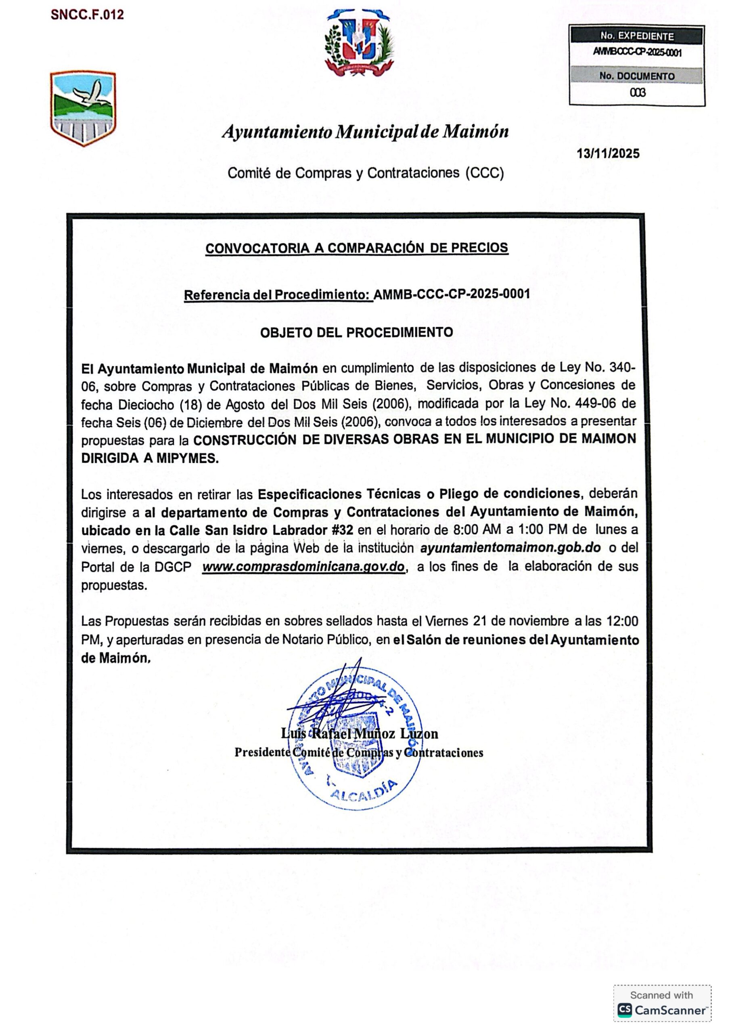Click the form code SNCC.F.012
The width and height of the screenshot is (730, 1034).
coord(87,15)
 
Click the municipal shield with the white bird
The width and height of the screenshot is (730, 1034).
coord(83,108)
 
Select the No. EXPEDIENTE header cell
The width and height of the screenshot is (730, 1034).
coord(636,36)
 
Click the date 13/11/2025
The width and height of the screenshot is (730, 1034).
coord(608,153)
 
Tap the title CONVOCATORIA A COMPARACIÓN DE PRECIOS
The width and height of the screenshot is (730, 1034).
coord(356,248)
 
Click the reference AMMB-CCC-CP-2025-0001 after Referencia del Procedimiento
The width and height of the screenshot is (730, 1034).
coord(452,294)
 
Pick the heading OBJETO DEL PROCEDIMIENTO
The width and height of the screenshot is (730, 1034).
coord(356,332)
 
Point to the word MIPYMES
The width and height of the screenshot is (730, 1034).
coord(187,458)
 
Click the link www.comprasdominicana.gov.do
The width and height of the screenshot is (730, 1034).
coord(304,567)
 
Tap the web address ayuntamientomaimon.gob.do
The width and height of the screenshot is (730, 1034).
coord(511,548)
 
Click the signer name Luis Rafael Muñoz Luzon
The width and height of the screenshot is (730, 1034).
coord(359,733)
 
